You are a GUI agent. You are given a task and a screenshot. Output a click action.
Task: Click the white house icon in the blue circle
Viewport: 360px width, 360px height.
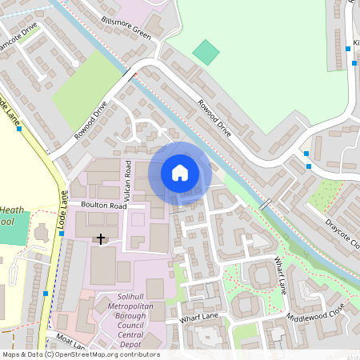point(180,173)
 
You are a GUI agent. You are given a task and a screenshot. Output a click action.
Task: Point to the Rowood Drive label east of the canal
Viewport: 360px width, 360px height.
point(214,117)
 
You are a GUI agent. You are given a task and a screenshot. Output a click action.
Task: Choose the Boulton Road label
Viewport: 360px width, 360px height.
point(103,206)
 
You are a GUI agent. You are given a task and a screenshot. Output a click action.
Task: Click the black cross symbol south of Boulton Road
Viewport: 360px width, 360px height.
point(101,238)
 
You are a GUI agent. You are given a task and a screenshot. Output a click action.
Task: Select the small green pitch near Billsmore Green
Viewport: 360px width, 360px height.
point(206,52)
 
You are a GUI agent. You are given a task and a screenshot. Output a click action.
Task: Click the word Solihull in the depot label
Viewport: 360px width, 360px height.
point(118,297)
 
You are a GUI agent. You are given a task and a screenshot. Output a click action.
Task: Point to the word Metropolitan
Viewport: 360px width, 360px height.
point(118,307)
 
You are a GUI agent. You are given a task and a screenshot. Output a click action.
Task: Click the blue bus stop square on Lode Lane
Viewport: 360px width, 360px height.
point(45,294)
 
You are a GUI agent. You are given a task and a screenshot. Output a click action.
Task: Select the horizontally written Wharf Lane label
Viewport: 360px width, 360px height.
point(198,318)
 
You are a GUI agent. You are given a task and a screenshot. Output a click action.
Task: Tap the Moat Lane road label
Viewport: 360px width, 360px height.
point(66,342)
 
